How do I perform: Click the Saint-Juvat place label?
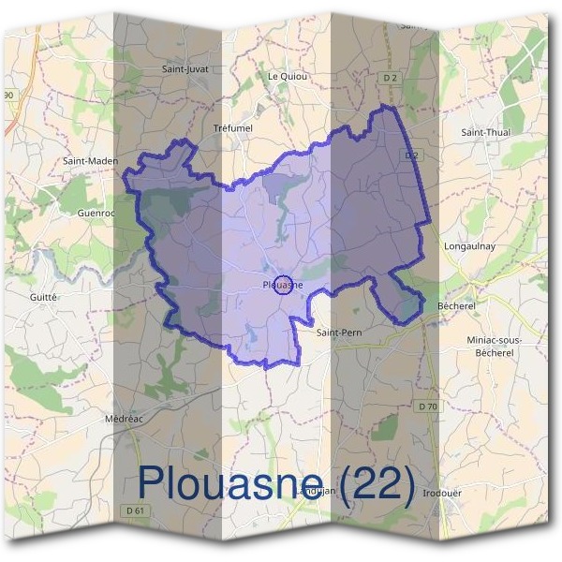pos(185,68)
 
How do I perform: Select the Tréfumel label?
pos(233,128)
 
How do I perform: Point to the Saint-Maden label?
pos(90,161)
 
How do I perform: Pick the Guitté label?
pos(44,296)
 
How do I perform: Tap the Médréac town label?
pos(124,419)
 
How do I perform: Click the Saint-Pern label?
pos(338,332)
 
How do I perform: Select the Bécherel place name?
pos(458,306)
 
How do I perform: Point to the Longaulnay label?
pos(469,247)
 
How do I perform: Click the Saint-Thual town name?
pos(485,133)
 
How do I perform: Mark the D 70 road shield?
pos(428,406)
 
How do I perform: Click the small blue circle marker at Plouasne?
pos(288,285)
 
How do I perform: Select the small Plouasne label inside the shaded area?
pos(278,285)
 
